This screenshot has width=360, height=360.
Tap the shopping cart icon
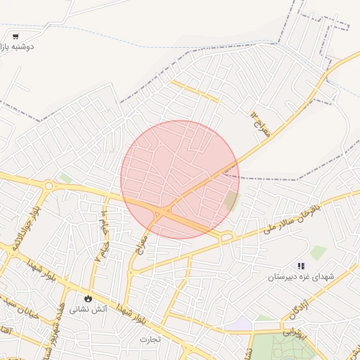[15, 35]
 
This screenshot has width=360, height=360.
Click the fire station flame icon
[88, 298]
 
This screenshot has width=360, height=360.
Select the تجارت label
[150, 339]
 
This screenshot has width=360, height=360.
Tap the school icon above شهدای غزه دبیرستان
[301, 266]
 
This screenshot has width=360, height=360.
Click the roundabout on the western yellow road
[48, 186]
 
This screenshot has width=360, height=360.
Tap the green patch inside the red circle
[231, 202]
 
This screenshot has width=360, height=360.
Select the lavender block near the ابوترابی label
[243, 323]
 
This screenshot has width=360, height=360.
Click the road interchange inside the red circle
[165, 210]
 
